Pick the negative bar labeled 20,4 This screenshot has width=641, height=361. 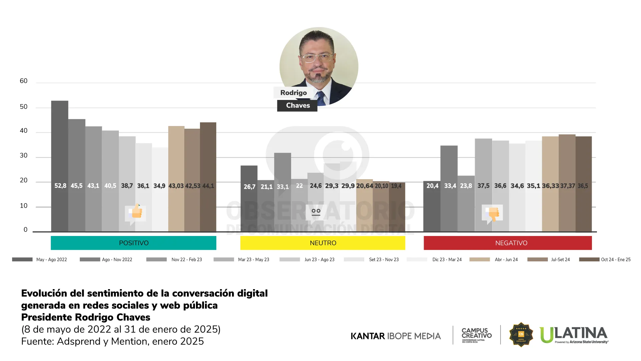432,207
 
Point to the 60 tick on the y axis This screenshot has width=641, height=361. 23,81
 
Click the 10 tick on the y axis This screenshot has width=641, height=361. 23,206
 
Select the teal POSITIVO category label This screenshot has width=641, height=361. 134,243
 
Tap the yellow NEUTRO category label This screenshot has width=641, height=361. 323,243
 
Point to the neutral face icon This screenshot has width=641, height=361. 316,212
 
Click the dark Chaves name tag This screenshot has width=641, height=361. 297,106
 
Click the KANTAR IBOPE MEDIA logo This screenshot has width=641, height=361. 396,336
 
